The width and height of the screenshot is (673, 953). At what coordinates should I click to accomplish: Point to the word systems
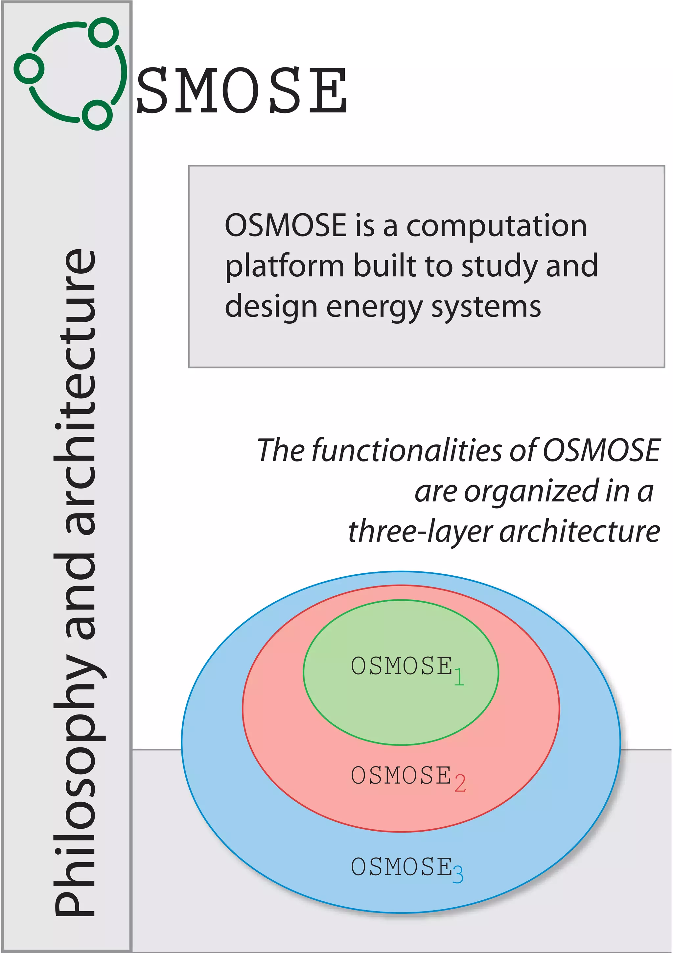(486, 307)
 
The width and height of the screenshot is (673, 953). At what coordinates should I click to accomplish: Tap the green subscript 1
(459, 677)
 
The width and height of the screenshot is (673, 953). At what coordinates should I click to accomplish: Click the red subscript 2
(460, 784)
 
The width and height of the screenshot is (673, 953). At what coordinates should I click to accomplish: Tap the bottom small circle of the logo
(97, 115)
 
